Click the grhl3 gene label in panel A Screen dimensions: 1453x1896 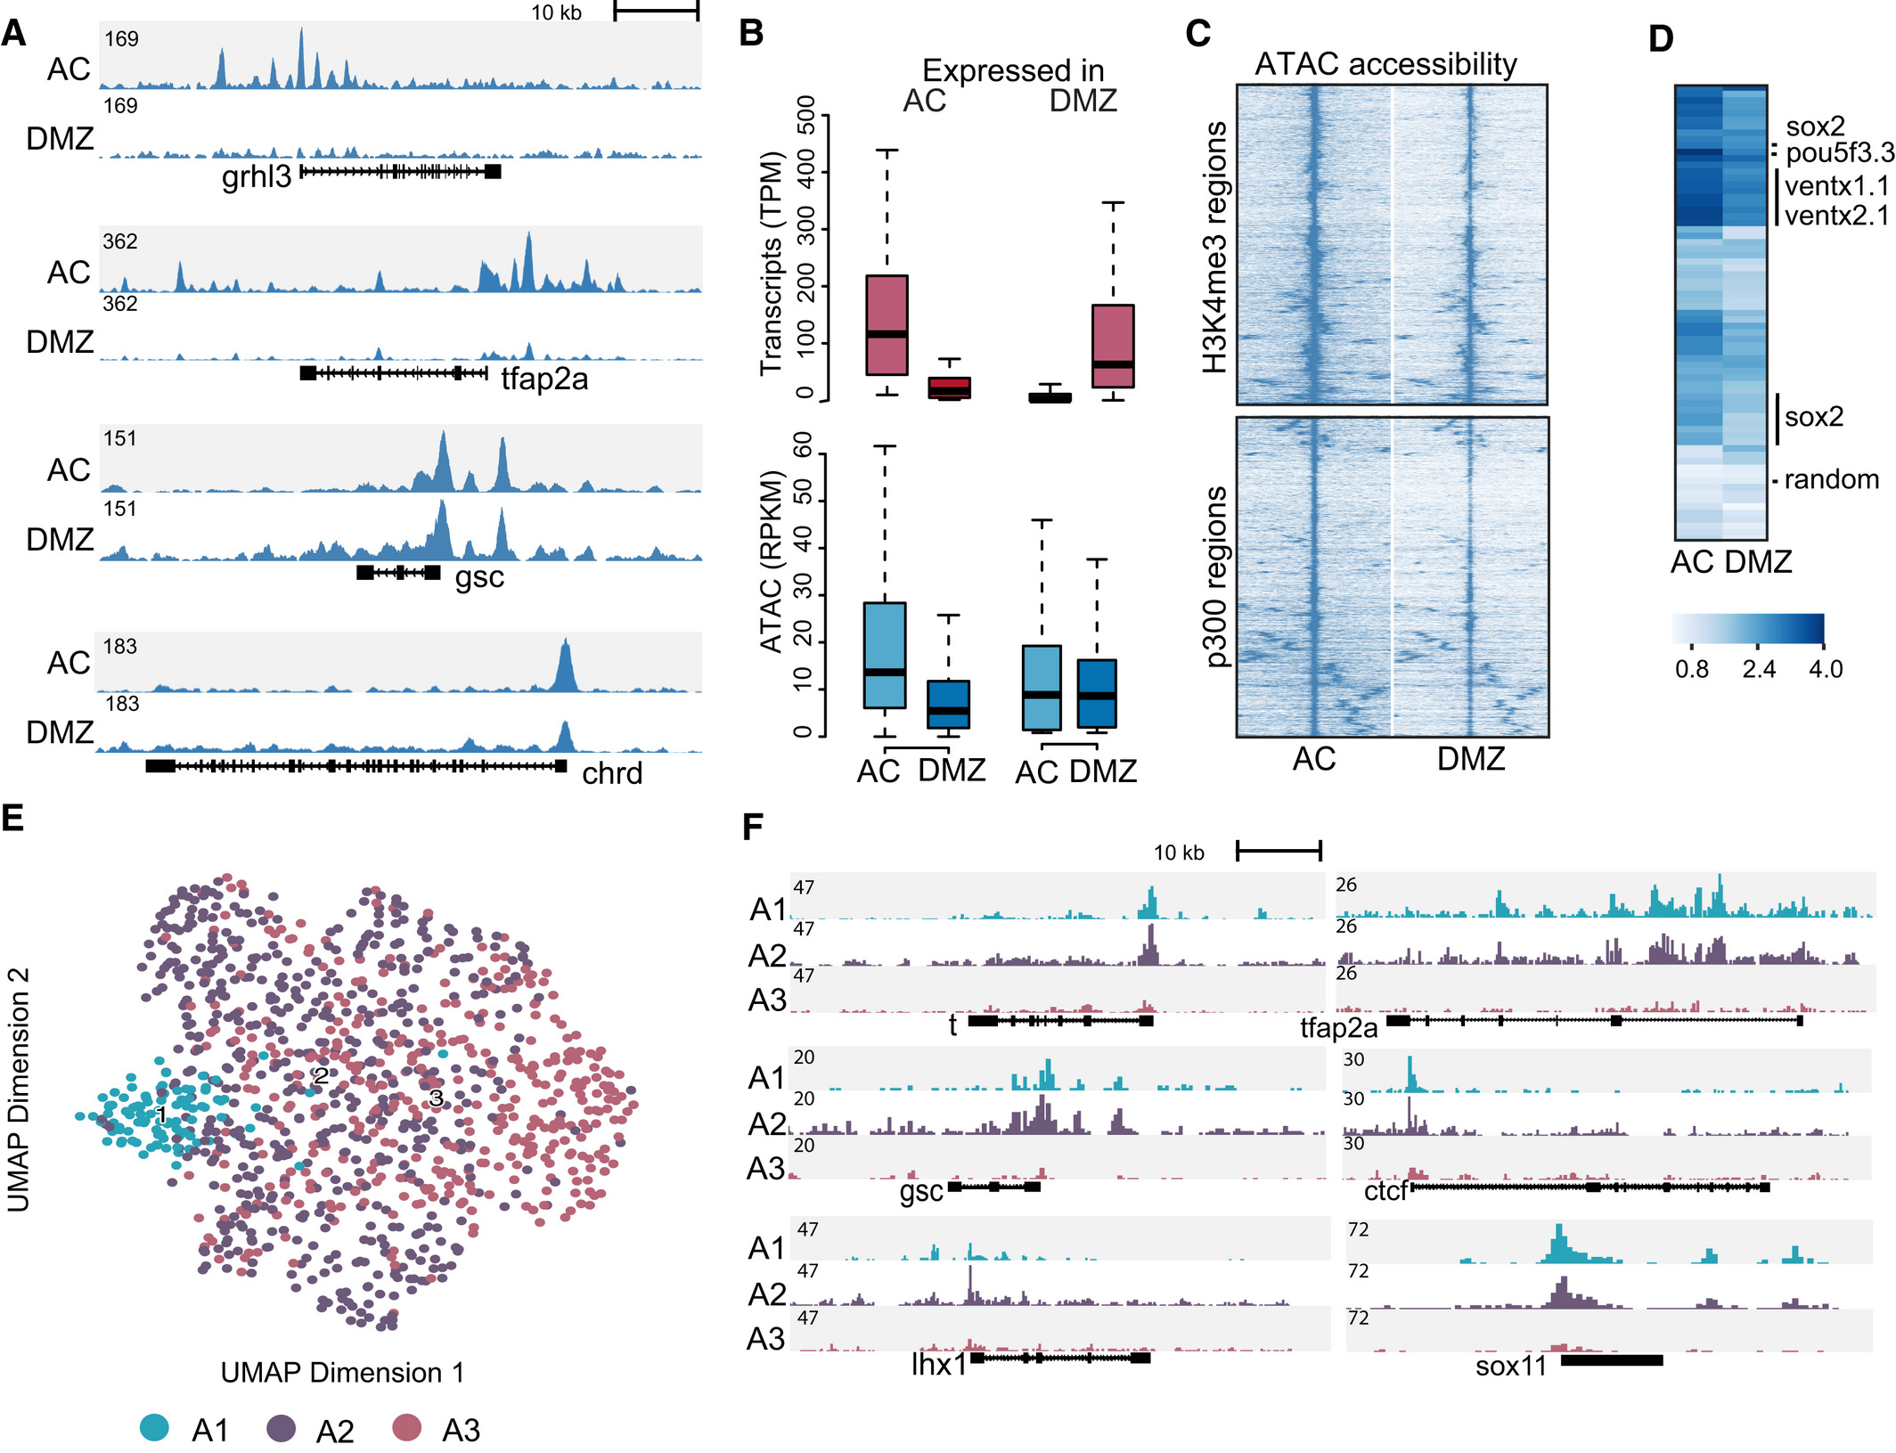[x=257, y=177]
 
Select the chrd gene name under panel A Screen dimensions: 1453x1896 [x=612, y=773]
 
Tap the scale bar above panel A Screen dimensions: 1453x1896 [x=656, y=12]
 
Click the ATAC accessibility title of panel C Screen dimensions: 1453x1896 [x=1385, y=64]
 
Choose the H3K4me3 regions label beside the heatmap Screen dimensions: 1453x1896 [x=1214, y=247]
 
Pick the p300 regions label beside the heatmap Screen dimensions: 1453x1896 [x=1214, y=576]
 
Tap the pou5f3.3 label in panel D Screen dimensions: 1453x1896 [x=1839, y=153]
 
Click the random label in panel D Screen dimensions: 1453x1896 [x=1831, y=479]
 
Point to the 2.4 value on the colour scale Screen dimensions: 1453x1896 [x=1759, y=669]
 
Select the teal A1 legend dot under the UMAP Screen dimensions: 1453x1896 [x=155, y=1427]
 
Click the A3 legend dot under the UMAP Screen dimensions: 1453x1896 [x=407, y=1427]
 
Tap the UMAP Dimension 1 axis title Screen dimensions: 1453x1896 [x=342, y=1372]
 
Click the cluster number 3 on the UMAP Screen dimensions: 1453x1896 [x=436, y=1098]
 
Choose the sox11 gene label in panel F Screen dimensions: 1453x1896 [x=1511, y=1366]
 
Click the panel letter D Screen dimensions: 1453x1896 [x=1661, y=38]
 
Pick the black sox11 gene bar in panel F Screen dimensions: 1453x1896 [x=1612, y=1360]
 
